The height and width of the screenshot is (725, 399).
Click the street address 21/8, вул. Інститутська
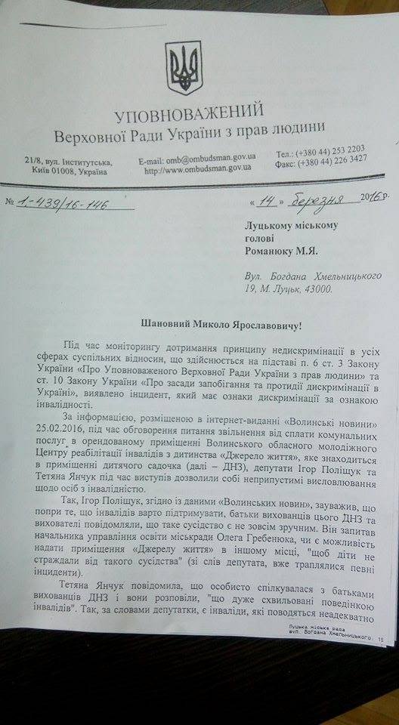pyautogui.click(x=67, y=162)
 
